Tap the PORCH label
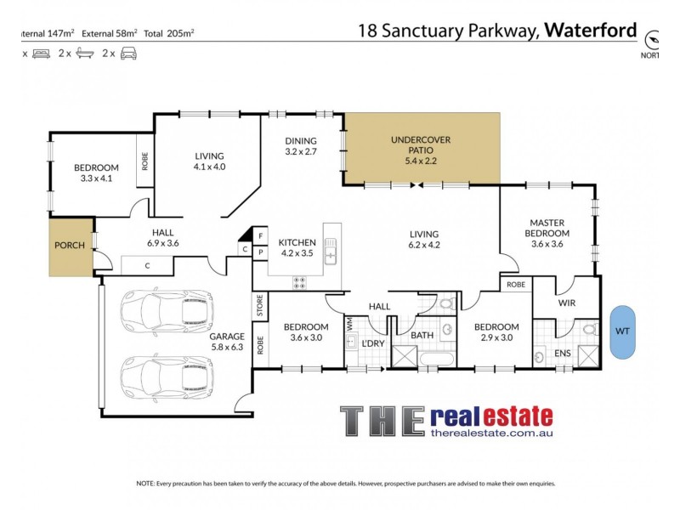pos(70,246)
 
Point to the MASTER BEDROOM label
pos(548,227)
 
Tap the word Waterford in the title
pos(591,31)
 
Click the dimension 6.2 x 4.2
pos(423,245)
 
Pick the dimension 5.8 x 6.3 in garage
pos(227,347)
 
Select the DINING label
pos(301,141)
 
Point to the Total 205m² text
pos(169,33)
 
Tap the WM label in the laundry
pos(349,324)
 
